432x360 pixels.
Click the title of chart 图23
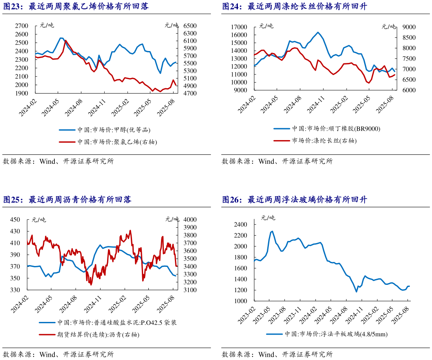click(76, 7)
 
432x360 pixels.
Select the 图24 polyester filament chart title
click(294, 7)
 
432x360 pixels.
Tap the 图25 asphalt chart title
click(67, 200)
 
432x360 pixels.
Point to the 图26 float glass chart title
click(294, 200)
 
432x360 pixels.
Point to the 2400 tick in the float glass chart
click(240, 225)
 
